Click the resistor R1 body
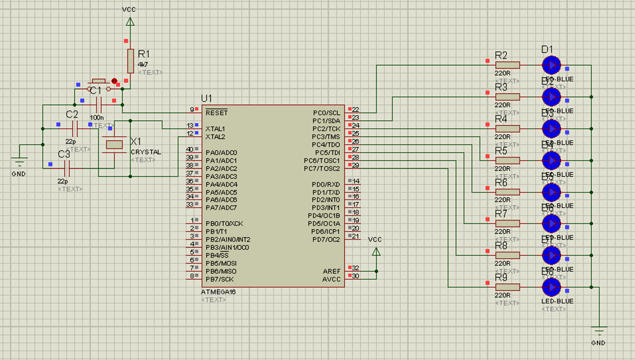(x=130, y=61)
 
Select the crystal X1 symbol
(x=114, y=145)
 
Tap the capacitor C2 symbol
(x=75, y=129)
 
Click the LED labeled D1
(x=551, y=65)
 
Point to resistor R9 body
(x=508, y=287)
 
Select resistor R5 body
(x=508, y=160)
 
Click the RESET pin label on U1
(x=216, y=113)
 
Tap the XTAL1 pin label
(x=215, y=129)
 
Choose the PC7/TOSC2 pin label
(x=322, y=169)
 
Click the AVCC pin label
(x=331, y=279)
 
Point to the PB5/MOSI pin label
(x=221, y=264)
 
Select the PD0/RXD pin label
(x=326, y=185)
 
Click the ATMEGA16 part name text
(x=218, y=292)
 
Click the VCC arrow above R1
(x=130, y=21)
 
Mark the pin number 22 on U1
(x=356, y=110)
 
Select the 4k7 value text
(x=143, y=65)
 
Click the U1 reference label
(x=206, y=98)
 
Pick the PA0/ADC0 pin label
(x=221, y=152)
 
